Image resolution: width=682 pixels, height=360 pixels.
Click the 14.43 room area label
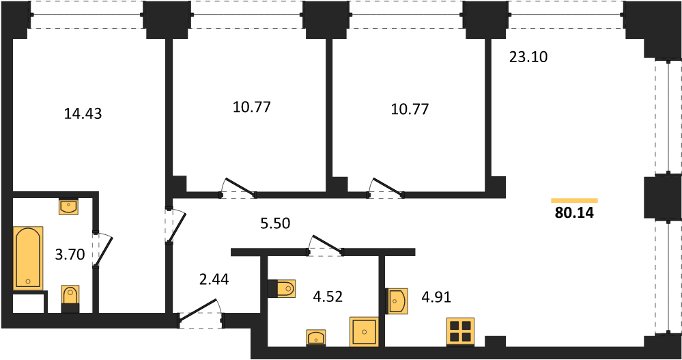click(83, 113)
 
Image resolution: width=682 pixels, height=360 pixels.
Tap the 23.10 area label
click(528, 57)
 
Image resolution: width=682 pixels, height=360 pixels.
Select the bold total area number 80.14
click(574, 213)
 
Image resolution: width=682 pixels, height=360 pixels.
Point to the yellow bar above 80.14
click(574, 200)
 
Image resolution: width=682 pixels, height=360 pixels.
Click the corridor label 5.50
click(275, 223)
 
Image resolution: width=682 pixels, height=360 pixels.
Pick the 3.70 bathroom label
click(70, 254)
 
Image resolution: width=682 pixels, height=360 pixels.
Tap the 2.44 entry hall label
click(214, 279)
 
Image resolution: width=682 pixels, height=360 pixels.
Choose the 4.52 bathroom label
click(328, 296)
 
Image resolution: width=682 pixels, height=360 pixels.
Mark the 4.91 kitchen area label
click(436, 297)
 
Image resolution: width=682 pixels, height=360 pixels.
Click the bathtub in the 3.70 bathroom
click(28, 258)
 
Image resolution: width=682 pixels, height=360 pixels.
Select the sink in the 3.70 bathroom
click(69, 206)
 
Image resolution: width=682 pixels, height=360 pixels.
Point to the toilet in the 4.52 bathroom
click(281, 288)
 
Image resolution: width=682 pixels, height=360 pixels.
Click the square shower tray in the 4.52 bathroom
click(364, 332)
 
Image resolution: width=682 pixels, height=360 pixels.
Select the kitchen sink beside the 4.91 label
click(397, 301)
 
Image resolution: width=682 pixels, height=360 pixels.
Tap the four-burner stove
click(460, 332)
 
